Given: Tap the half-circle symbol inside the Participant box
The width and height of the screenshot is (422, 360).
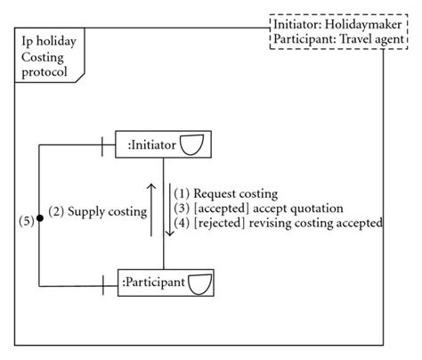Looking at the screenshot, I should coord(201,283).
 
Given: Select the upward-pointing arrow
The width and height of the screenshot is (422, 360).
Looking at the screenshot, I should coord(151,210).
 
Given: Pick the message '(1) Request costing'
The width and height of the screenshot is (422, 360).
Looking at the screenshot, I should coord(225,193).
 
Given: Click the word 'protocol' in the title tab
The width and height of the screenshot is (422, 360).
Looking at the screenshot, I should coord(45,72).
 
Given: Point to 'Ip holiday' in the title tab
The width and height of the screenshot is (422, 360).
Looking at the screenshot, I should coord(49,42).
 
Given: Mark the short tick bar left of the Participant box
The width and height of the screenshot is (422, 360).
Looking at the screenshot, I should coord(103,283).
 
